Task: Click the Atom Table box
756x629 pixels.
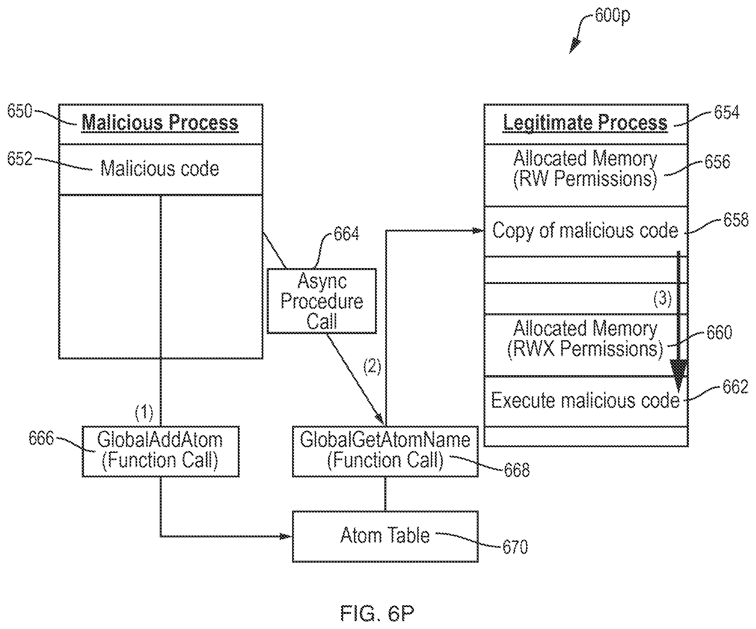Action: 385,536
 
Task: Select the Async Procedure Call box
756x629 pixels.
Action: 321,301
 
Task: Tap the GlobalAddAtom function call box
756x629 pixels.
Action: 160,451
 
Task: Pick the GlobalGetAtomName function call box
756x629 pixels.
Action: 385,451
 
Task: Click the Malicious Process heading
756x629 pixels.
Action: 160,123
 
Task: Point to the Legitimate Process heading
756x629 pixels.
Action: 585,123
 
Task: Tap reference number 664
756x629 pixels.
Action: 346,234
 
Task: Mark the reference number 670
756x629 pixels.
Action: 515,547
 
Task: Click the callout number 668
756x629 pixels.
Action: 517,470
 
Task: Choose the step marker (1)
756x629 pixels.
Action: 144,413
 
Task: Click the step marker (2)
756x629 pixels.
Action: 372,367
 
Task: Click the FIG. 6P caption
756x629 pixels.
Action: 377,614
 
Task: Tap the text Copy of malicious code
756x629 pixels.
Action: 585,230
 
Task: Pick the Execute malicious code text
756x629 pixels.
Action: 585,400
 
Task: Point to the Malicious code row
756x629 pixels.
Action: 160,169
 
